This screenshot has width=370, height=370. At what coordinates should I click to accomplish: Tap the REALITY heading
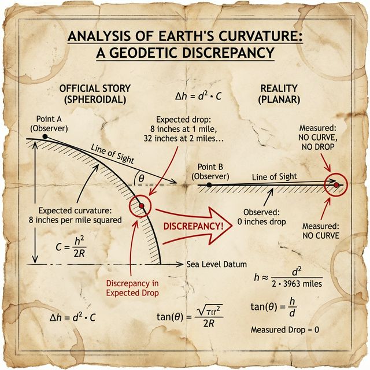(x=279, y=94)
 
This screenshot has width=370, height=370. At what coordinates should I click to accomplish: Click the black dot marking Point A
(x=45, y=136)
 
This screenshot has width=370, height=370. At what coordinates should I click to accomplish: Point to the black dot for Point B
(x=209, y=184)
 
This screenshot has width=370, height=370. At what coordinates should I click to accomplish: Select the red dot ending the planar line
(x=336, y=185)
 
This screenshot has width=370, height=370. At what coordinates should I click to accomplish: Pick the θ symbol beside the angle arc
(x=140, y=179)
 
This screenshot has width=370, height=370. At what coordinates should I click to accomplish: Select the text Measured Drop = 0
(x=285, y=330)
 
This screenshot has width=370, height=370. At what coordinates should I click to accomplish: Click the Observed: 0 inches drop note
(x=261, y=217)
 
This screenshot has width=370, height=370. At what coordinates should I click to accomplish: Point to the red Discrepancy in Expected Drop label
(x=132, y=288)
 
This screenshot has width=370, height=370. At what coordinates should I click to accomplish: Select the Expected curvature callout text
(x=80, y=214)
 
